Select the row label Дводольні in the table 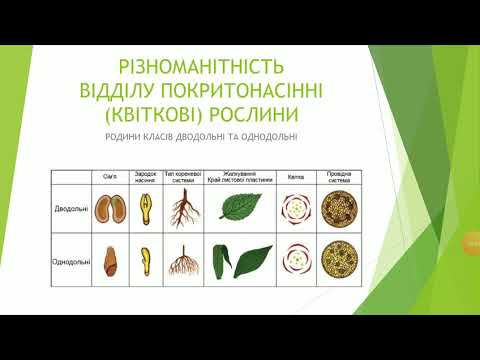[71, 210]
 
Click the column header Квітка [295, 176]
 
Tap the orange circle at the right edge [471, 245]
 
